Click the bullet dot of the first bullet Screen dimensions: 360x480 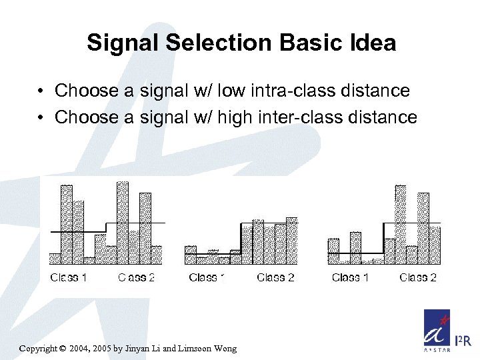coord(41,91)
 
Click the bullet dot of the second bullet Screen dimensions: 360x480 coord(41,118)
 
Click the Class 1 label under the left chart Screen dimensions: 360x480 coord(69,277)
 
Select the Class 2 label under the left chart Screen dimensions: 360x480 coord(136,277)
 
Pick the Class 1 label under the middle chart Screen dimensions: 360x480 coord(207,277)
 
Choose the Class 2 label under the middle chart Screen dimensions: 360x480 coord(275,277)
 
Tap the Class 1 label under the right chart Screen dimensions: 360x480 coord(350,277)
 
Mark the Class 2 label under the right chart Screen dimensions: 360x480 coord(417,277)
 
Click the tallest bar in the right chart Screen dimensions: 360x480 coord(400,223)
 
